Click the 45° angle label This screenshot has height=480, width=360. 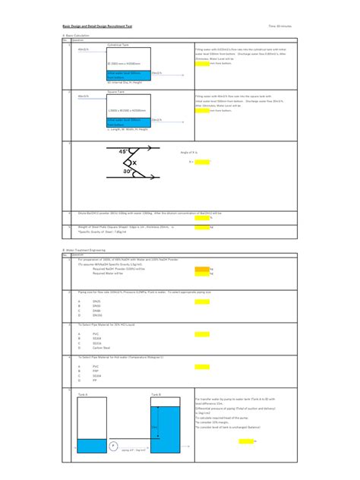(125, 152)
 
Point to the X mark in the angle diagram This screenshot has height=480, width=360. (134, 163)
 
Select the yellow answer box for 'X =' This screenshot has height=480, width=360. (203, 162)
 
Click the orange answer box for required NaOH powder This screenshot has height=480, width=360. (201, 269)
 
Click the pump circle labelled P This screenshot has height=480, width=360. (113, 446)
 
